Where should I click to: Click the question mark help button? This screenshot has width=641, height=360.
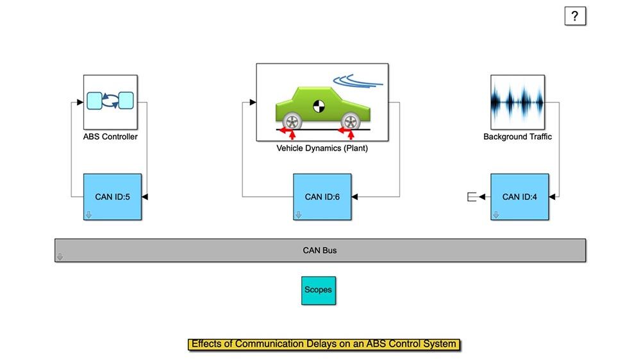(x=575, y=16)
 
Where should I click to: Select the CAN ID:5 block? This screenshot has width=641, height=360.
(x=112, y=197)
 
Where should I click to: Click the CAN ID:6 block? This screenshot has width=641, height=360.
(x=322, y=197)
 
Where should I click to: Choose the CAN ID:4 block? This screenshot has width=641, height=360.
(x=520, y=197)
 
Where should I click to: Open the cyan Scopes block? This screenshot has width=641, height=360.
(x=318, y=290)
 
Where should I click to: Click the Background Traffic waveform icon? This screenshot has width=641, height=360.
(x=517, y=102)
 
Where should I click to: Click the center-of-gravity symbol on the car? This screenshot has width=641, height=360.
(x=319, y=106)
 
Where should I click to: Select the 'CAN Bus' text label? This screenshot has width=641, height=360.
(x=320, y=250)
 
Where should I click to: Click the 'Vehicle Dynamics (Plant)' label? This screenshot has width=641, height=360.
(x=322, y=148)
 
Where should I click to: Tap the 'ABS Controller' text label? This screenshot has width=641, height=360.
(x=110, y=136)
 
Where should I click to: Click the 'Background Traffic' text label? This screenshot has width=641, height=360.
(x=517, y=136)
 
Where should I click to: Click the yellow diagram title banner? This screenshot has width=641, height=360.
(x=324, y=344)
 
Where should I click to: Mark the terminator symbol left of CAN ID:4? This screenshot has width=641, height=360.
(x=472, y=197)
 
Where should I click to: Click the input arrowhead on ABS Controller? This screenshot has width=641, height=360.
(x=80, y=101)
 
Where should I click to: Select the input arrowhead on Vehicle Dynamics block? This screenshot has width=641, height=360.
(x=253, y=101)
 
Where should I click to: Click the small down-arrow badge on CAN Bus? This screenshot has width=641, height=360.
(x=60, y=257)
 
